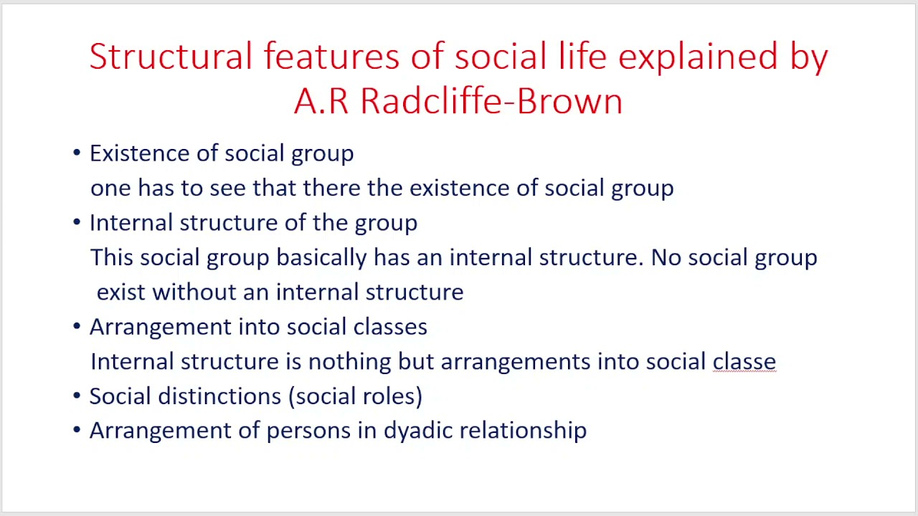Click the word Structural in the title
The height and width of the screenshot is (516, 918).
(171, 57)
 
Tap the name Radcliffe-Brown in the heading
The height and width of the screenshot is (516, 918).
(491, 101)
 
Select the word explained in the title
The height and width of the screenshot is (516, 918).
(697, 57)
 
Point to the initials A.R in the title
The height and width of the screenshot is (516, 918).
(321, 101)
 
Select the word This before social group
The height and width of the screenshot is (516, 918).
(111, 257)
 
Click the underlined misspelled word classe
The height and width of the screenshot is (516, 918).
(744, 361)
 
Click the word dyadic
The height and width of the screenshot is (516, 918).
(418, 431)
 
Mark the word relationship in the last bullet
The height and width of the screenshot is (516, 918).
(523, 431)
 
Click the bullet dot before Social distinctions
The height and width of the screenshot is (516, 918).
(77, 396)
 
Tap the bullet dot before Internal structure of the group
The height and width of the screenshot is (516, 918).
(77, 223)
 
